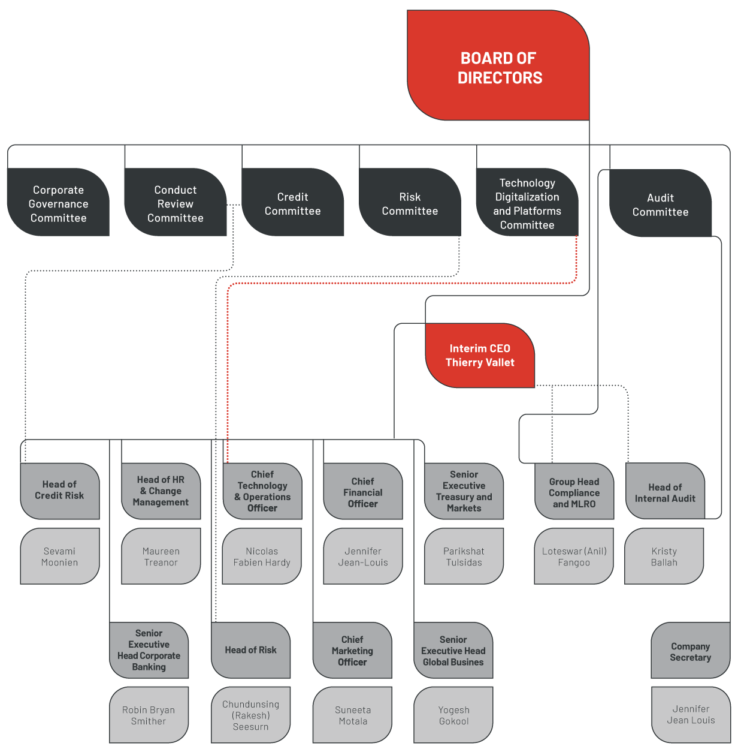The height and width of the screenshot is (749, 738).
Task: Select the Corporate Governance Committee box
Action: coord(58,203)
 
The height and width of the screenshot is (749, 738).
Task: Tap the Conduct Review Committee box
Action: coord(175,203)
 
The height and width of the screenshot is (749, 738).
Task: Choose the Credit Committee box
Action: coord(293,203)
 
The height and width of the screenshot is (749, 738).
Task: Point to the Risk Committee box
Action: coord(410,203)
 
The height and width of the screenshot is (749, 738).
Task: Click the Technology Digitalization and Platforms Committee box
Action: coord(527,203)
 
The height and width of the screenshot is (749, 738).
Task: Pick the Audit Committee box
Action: coord(660,204)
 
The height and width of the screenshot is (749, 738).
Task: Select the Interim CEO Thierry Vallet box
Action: coord(480,356)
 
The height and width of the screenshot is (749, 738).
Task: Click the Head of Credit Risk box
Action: coord(60,491)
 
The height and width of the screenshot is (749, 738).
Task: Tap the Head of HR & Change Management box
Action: coord(161,491)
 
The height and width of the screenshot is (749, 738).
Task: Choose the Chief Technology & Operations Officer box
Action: coord(262,491)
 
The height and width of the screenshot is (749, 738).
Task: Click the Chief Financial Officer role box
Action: coord(363,492)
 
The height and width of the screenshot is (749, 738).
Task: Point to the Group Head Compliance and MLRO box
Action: coord(574,492)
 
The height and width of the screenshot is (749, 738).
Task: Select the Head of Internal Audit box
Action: coord(665,492)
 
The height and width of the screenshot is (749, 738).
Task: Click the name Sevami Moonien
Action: coord(60,557)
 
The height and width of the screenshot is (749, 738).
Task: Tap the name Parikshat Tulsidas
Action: coord(464,557)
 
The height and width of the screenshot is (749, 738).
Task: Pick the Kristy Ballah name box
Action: coord(664,557)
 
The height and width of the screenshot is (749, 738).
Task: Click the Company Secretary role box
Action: coord(690,651)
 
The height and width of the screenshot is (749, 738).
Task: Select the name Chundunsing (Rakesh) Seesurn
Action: coord(250,715)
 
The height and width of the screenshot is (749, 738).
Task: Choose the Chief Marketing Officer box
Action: coord(352,651)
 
